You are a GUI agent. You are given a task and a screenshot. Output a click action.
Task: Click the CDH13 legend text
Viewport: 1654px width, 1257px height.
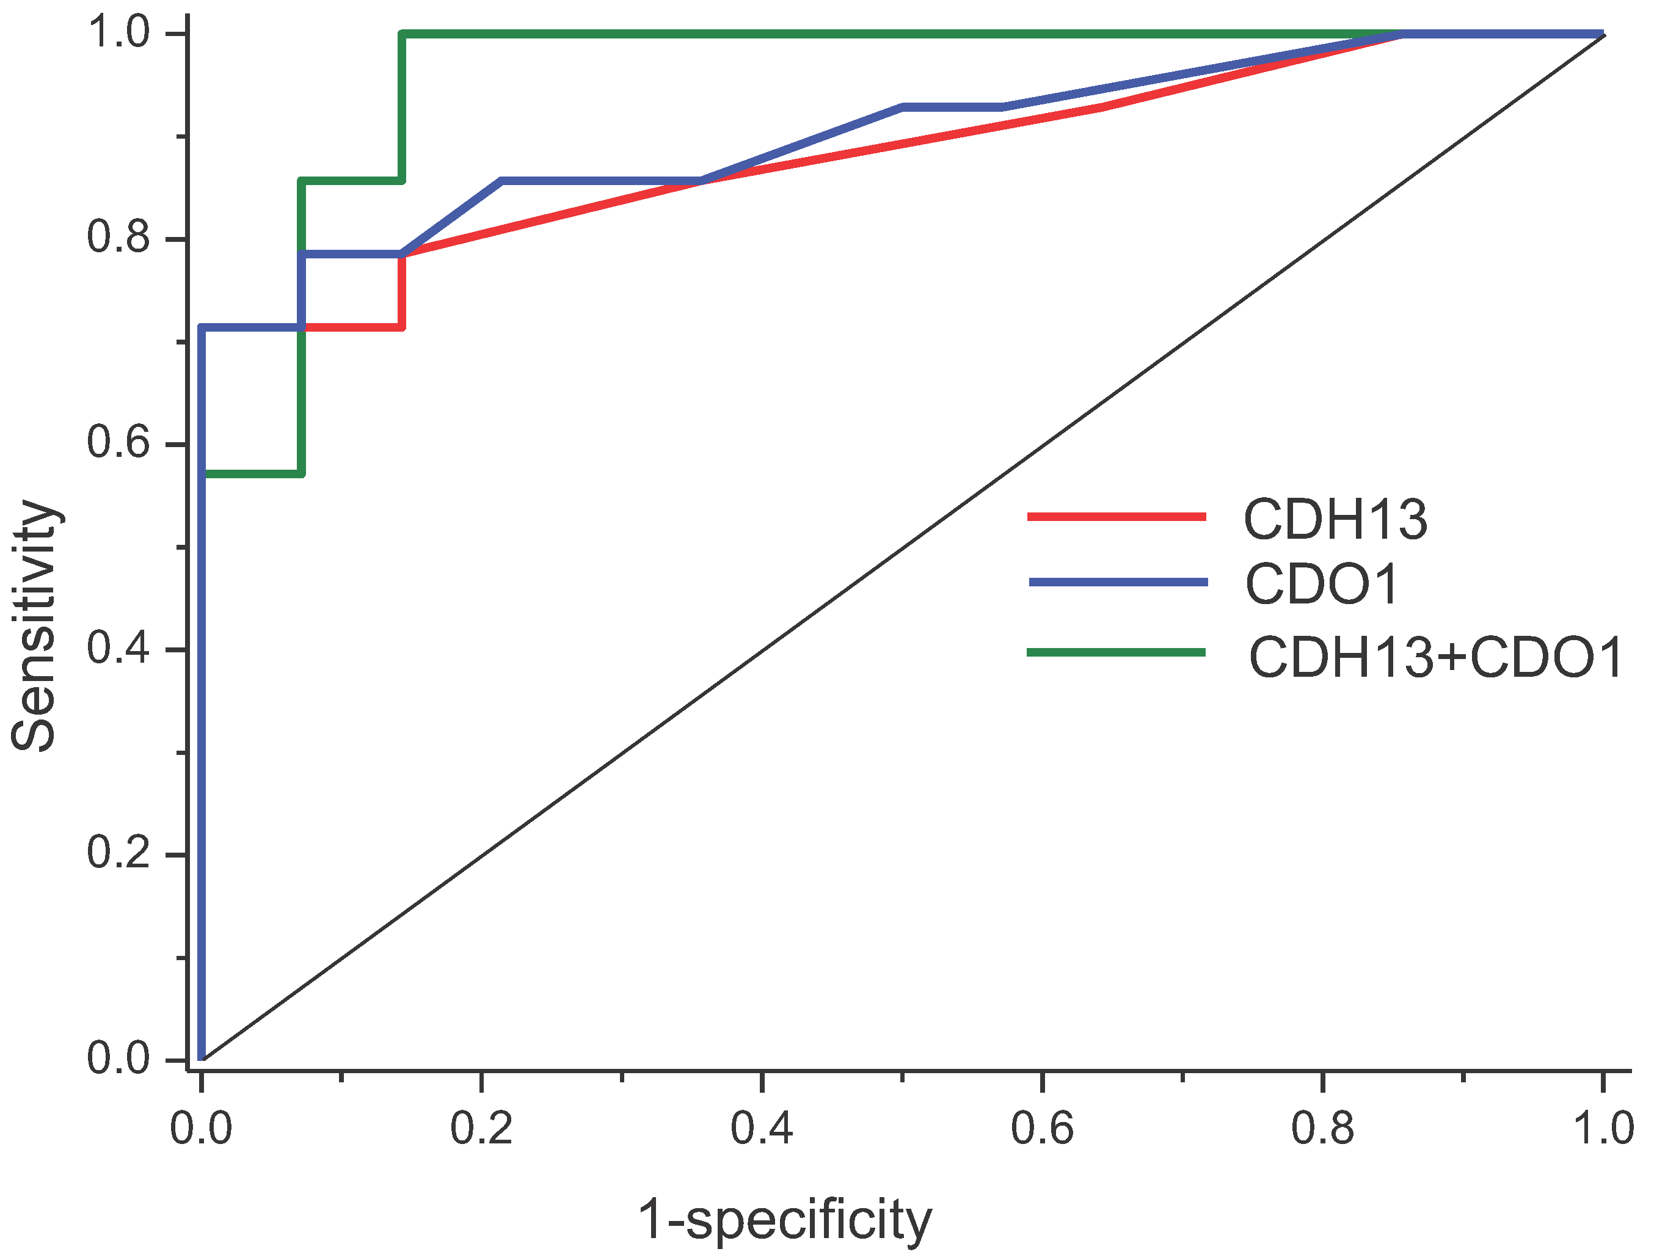coord(1335,519)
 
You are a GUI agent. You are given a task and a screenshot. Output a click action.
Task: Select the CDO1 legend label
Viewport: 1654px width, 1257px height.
coord(1321,585)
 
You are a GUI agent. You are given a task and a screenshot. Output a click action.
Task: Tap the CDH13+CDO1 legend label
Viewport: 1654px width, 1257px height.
coord(1435,658)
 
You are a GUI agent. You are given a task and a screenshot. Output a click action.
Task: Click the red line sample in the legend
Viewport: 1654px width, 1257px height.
coord(1116,516)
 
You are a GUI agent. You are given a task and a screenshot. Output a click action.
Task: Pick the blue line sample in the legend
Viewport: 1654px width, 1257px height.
coord(1118,582)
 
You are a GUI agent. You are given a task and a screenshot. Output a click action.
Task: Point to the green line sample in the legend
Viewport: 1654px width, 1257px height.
coord(1115,652)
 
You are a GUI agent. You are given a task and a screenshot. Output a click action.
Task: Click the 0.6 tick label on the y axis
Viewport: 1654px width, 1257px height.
coord(118,442)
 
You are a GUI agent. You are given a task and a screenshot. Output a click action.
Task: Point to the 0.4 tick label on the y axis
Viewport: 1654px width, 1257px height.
coord(118,648)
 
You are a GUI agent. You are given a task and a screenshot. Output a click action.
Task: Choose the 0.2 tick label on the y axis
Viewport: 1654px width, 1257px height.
coord(118,852)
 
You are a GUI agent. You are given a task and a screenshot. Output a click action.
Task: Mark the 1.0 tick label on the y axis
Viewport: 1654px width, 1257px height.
coord(118,33)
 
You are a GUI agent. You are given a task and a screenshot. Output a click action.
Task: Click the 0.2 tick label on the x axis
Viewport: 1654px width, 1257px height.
coord(481,1128)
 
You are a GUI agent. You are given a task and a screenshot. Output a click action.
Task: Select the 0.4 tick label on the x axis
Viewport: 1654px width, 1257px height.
coord(761,1128)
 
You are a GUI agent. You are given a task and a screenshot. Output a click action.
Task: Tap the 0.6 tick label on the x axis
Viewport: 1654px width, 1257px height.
coord(1041,1128)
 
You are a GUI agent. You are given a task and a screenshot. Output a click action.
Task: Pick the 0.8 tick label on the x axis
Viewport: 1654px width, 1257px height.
coord(1322,1128)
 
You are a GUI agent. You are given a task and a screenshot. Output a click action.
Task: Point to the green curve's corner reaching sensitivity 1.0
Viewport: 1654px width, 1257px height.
coord(403,34)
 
